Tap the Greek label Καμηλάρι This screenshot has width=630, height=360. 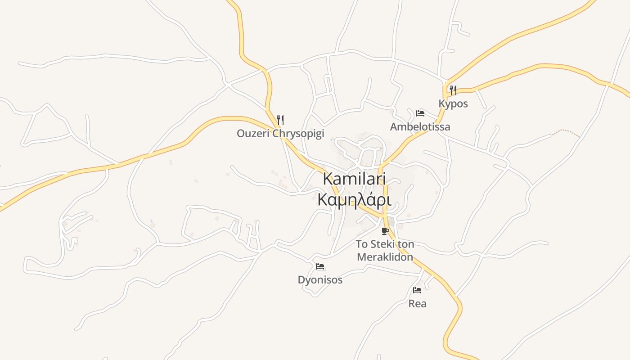click(354, 199)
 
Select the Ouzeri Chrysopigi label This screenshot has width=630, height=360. click(280, 134)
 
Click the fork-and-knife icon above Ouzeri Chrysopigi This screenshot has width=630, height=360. click(280, 120)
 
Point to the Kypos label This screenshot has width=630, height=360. click(453, 103)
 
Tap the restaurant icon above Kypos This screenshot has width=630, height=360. click(453, 90)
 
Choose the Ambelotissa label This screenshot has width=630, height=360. click(420, 127)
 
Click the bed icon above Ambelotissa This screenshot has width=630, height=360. click(420, 113)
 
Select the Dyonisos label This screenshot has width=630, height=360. click(320, 280)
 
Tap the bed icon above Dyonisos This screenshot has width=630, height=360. click(320, 266)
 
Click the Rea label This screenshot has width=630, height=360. click(417, 304)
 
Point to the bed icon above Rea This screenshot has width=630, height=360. click(417, 290)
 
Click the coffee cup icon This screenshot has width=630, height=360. click(385, 231)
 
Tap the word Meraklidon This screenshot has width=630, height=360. click(385, 257)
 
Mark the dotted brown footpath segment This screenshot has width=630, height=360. click(566, 132)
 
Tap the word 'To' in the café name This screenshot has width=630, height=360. click(362, 244)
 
